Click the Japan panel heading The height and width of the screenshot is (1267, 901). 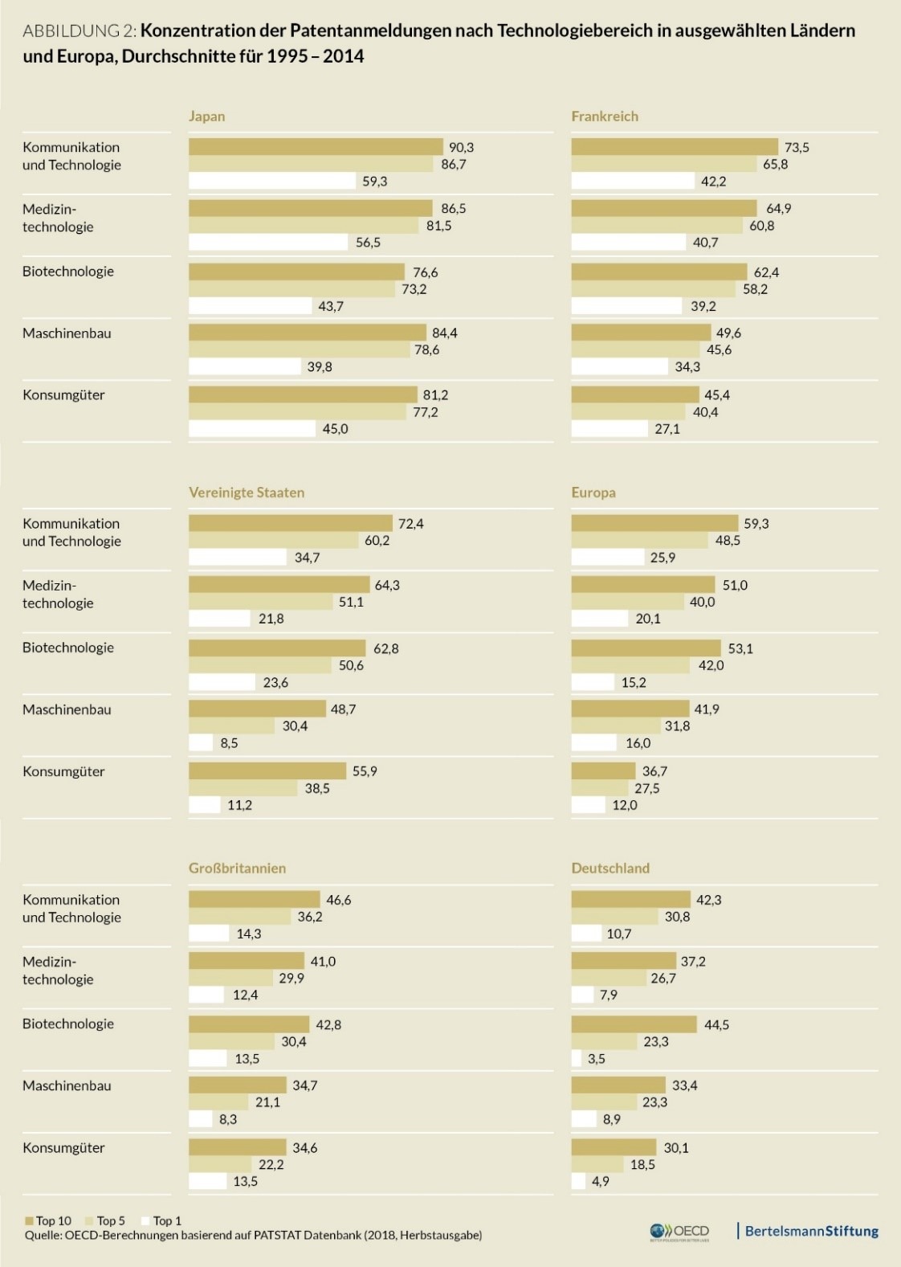click(x=206, y=116)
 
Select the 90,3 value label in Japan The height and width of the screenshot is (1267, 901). click(x=461, y=147)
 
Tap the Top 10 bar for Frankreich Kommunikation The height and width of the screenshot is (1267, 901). click(x=675, y=147)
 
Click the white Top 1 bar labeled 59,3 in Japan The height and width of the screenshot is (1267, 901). click(x=271, y=182)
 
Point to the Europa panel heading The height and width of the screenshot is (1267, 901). click(x=593, y=492)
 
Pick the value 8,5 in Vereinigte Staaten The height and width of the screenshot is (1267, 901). click(x=229, y=743)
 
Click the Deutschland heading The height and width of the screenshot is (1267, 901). click(x=610, y=869)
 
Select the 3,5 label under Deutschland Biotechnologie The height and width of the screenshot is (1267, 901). click(x=596, y=1059)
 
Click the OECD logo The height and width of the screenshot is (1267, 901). click(x=679, y=1232)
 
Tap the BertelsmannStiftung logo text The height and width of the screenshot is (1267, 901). click(x=811, y=1231)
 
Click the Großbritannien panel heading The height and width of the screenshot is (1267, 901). click(x=237, y=869)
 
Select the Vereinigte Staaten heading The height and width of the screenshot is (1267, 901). click(x=247, y=492)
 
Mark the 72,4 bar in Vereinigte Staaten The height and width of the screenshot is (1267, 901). click(x=290, y=524)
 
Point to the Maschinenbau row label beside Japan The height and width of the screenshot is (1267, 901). click(x=67, y=333)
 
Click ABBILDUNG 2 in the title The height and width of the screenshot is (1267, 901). click(x=79, y=31)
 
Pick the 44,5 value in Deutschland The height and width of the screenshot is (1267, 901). click(x=716, y=1024)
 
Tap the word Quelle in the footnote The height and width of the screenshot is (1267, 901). click(x=43, y=1236)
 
